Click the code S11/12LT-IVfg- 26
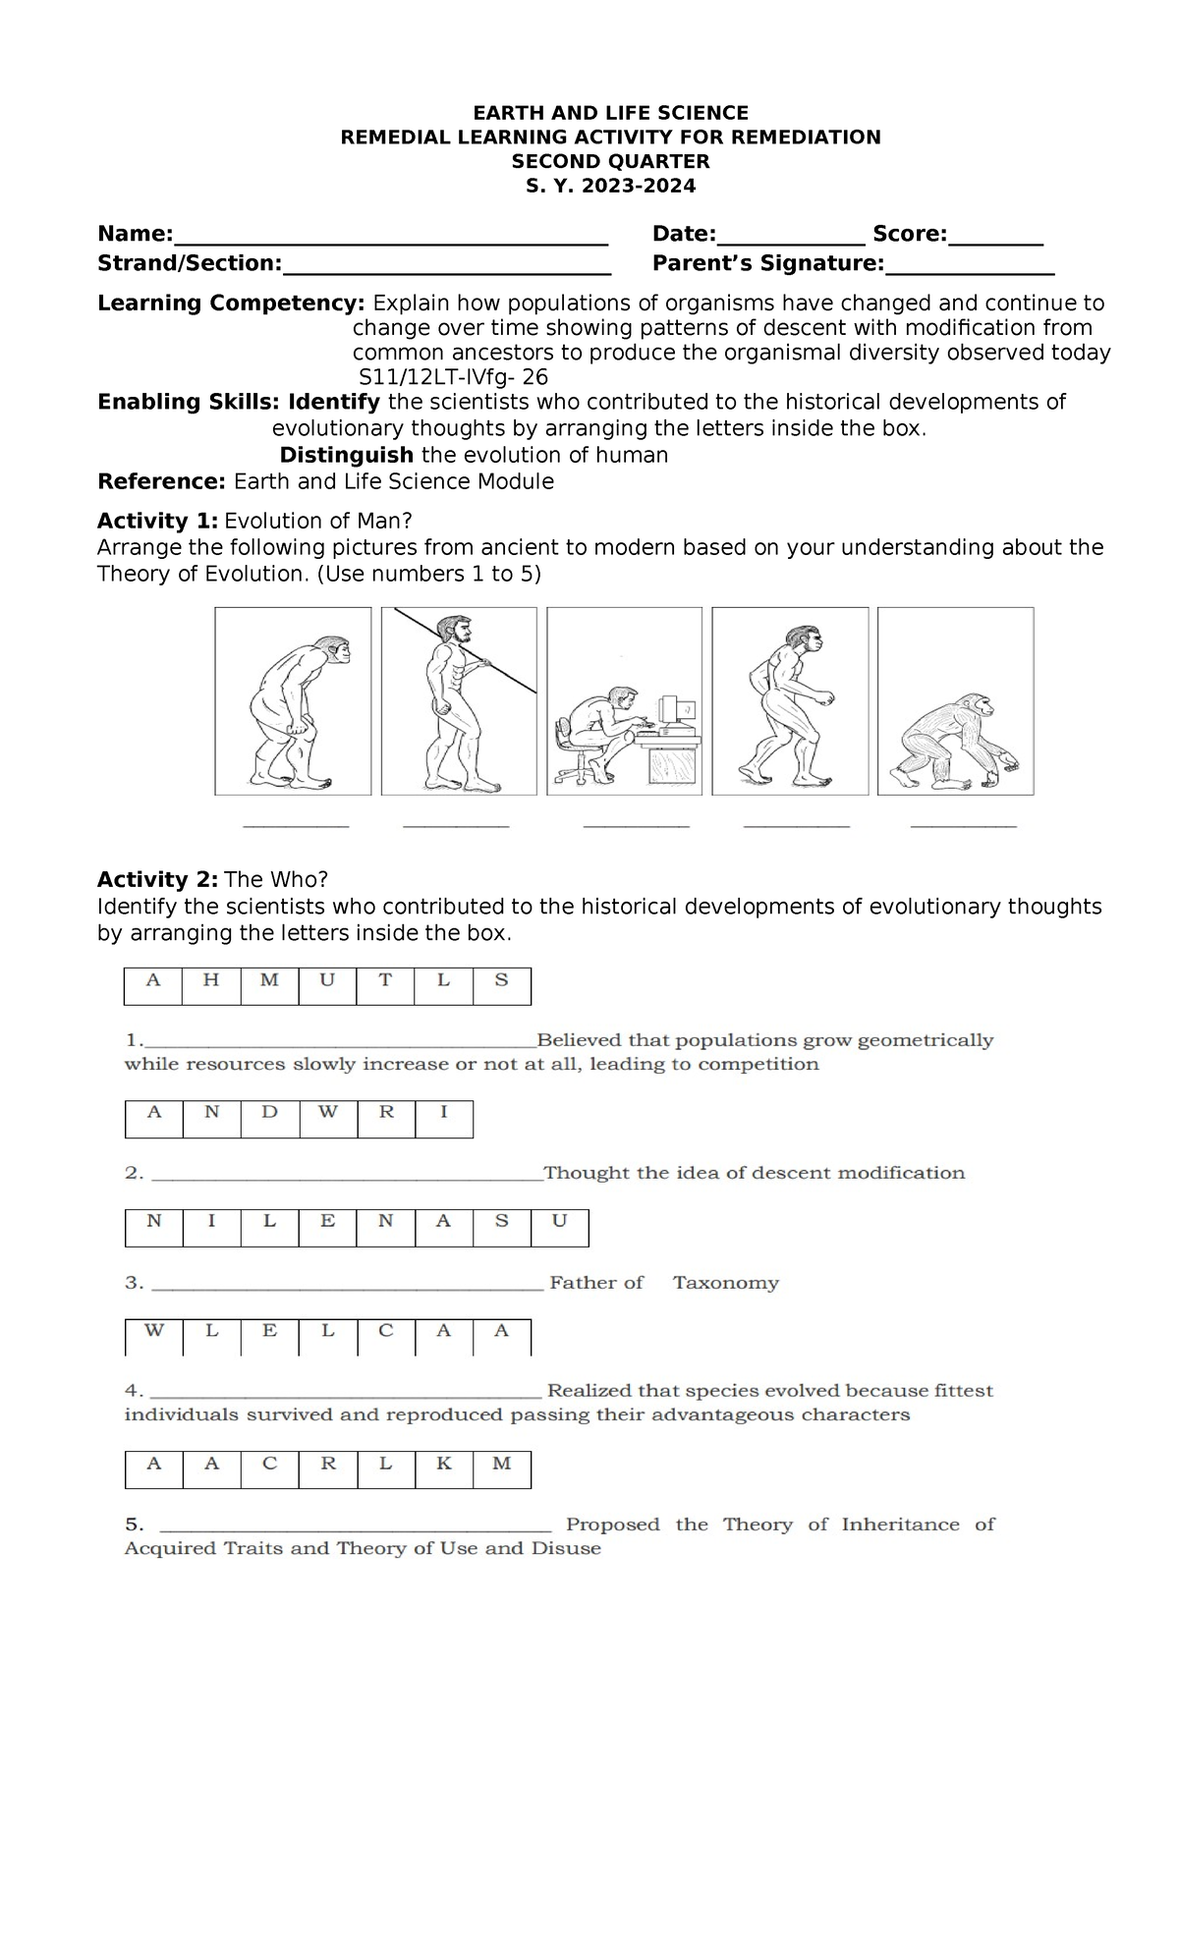tap(454, 378)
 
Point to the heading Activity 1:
tap(157, 521)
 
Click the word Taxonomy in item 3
tap(725, 1283)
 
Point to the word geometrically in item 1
tap(926, 1040)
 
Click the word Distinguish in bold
tap(346, 455)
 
